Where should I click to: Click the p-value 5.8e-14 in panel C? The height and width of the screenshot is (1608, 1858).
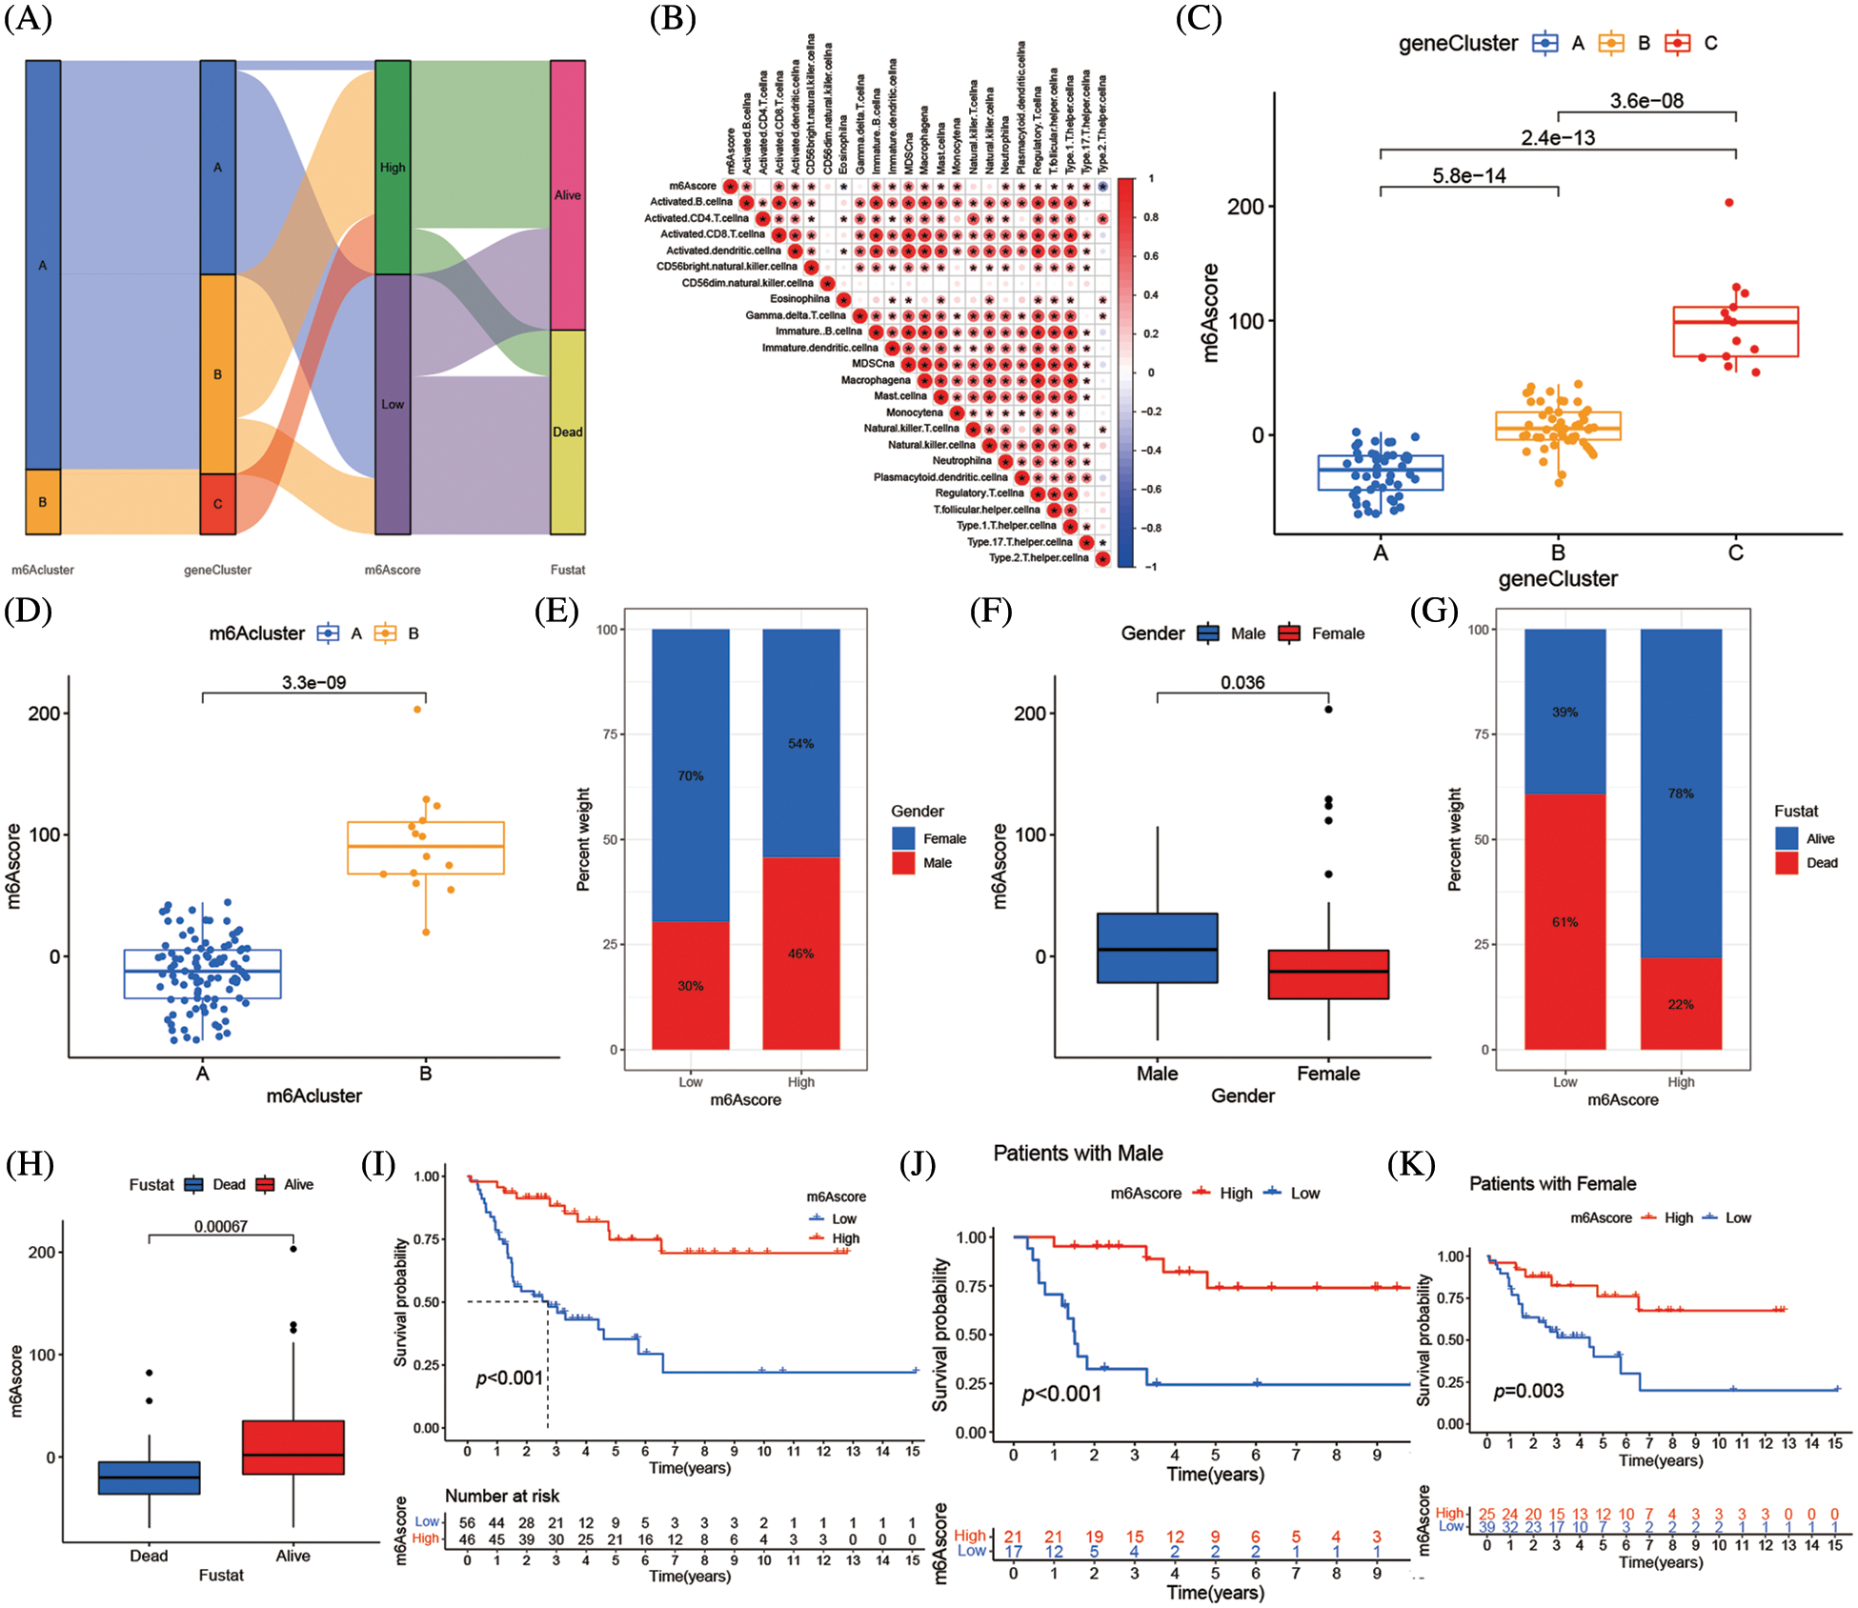click(1468, 175)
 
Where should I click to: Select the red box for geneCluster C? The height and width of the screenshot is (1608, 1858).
click(1735, 332)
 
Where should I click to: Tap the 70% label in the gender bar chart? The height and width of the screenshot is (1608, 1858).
click(690, 776)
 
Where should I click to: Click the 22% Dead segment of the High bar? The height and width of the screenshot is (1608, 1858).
click(1681, 1004)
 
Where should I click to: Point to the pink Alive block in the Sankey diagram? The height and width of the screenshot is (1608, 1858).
click(568, 195)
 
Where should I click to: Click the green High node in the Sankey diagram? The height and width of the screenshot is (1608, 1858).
click(393, 168)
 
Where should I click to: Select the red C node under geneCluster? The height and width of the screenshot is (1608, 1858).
click(217, 504)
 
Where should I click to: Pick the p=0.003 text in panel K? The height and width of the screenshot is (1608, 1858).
click(1528, 1391)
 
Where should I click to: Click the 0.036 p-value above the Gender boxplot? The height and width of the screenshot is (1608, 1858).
click(1242, 682)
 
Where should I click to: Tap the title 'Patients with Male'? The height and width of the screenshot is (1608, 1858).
click(1078, 1154)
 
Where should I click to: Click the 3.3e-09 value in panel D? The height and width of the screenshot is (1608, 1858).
click(313, 682)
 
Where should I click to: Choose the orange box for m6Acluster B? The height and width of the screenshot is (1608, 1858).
click(425, 847)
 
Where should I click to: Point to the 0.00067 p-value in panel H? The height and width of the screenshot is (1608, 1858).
click(220, 1226)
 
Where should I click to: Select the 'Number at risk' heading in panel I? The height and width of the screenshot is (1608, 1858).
click(502, 1496)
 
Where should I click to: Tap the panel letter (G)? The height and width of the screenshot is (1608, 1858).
click(1434, 611)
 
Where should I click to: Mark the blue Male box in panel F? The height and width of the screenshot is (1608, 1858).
click(1157, 948)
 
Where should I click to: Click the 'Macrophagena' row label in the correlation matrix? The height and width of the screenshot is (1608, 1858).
click(875, 380)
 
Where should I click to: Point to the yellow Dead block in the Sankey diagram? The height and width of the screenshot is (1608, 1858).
click(568, 432)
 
